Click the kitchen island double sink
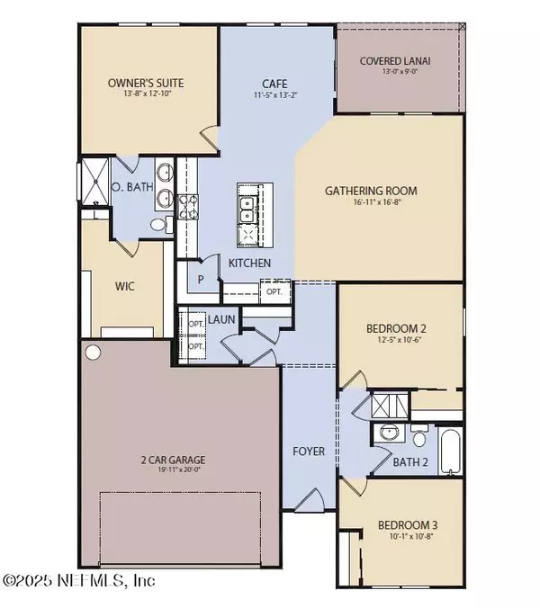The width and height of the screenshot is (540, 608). (246, 210)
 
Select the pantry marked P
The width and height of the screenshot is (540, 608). (202, 280)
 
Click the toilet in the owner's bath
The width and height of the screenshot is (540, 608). (158, 225)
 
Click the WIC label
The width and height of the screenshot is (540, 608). (124, 290)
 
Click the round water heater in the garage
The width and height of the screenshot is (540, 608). (94, 351)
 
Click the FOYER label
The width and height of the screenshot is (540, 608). (309, 451)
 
